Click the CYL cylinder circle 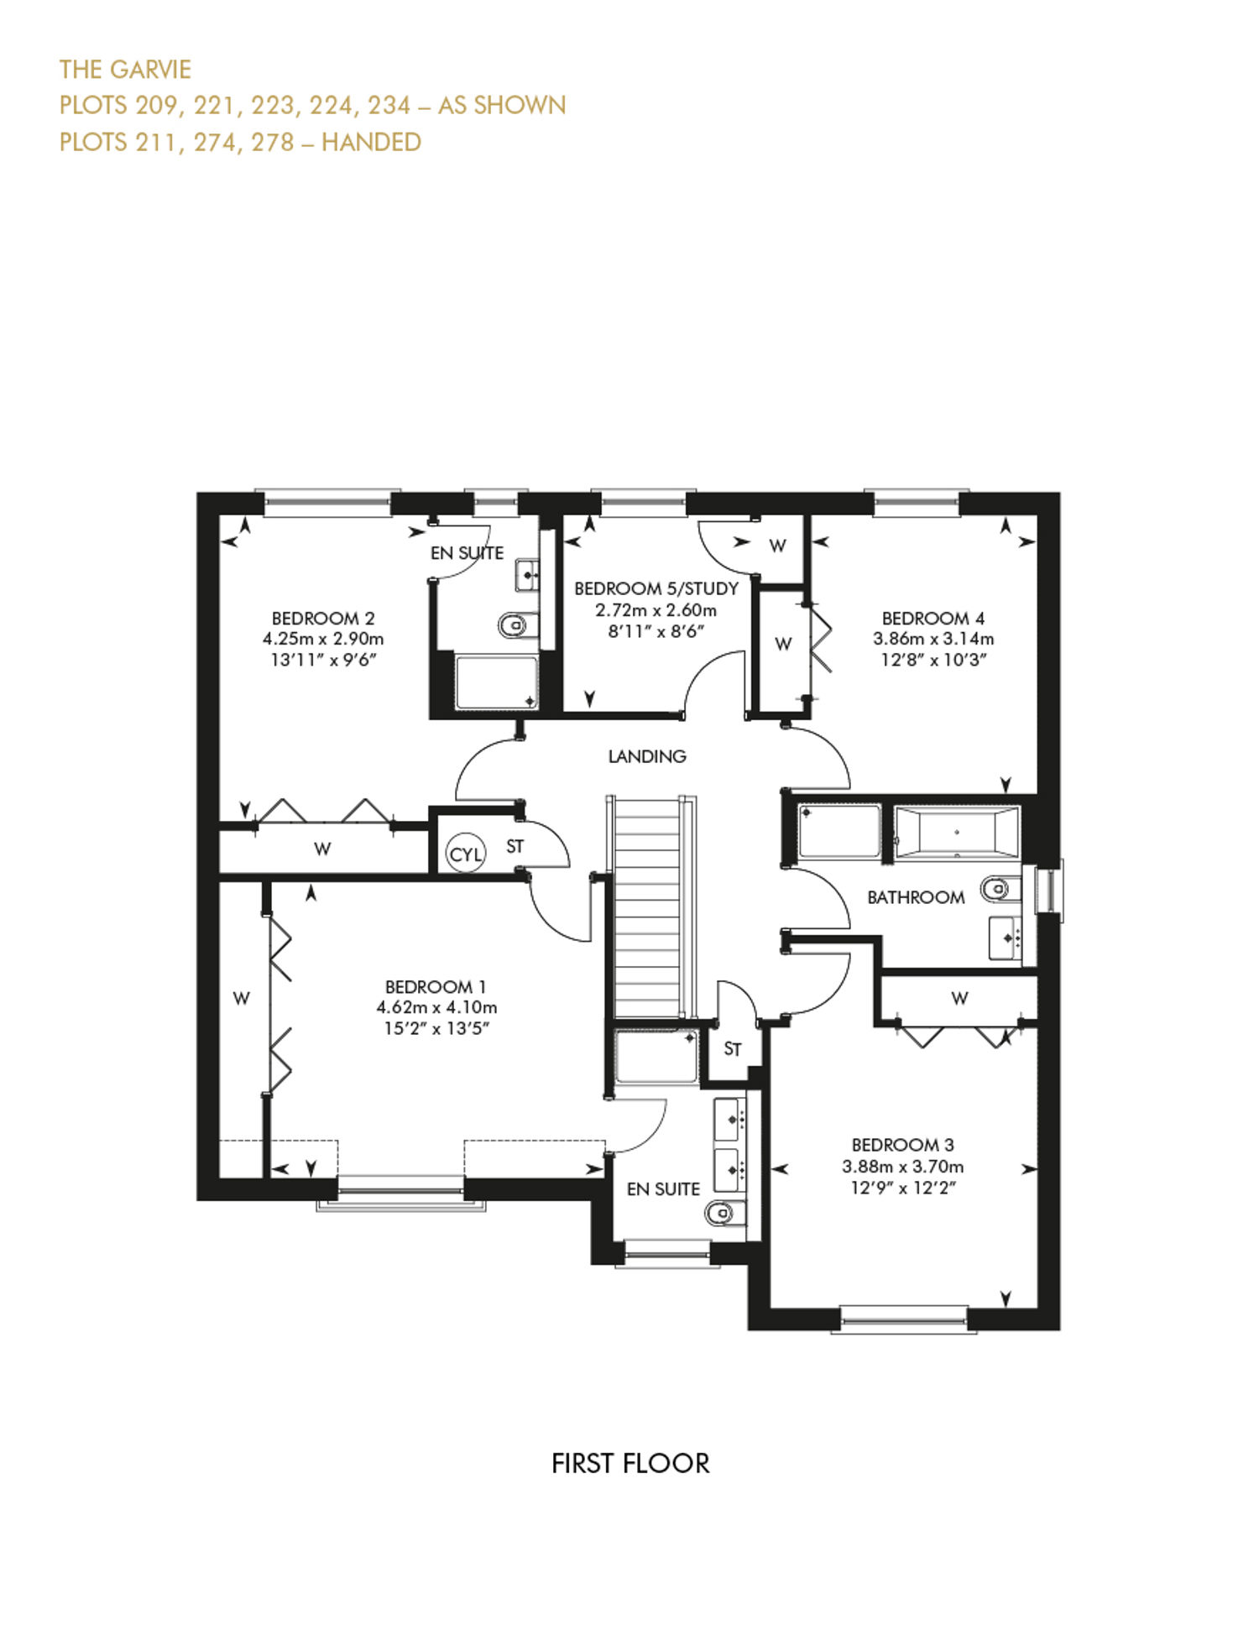466,854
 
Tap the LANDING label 647,756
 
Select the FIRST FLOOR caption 630,1463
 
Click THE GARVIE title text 125,69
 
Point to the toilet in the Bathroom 995,886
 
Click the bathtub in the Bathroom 957,833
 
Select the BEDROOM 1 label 436,987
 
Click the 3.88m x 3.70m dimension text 903,1167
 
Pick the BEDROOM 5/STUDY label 656,588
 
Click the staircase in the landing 651,906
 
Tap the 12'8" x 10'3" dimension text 933,660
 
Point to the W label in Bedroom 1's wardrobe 242,998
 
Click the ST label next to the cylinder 515,847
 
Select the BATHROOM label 916,897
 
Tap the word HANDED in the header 371,142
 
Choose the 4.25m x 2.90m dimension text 323,639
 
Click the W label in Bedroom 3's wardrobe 959,998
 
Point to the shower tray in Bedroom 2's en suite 496,682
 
